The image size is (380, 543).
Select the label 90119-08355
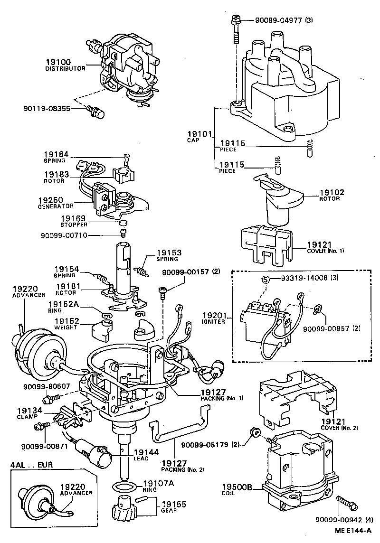click(46, 108)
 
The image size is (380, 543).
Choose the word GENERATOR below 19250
click(56, 206)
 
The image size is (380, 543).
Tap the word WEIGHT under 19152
click(65, 328)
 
